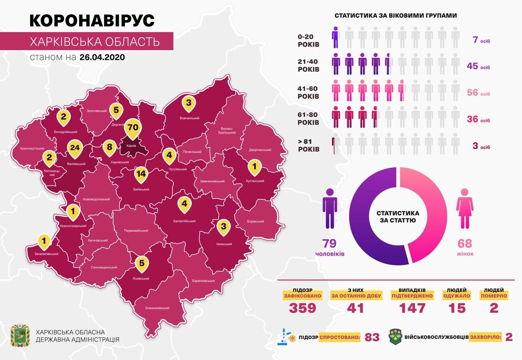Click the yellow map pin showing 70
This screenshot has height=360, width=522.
point(133,128)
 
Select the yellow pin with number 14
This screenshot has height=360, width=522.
point(141,174)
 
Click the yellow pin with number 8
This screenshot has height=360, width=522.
point(109,147)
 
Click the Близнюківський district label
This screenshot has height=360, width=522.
point(157,308)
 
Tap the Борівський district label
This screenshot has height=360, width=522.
point(255,221)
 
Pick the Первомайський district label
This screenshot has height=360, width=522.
point(136,231)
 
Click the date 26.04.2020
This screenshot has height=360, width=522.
point(102,57)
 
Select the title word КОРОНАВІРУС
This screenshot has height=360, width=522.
point(92,21)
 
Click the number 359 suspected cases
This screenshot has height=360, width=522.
point(303,308)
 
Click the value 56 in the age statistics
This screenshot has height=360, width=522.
point(472,93)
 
